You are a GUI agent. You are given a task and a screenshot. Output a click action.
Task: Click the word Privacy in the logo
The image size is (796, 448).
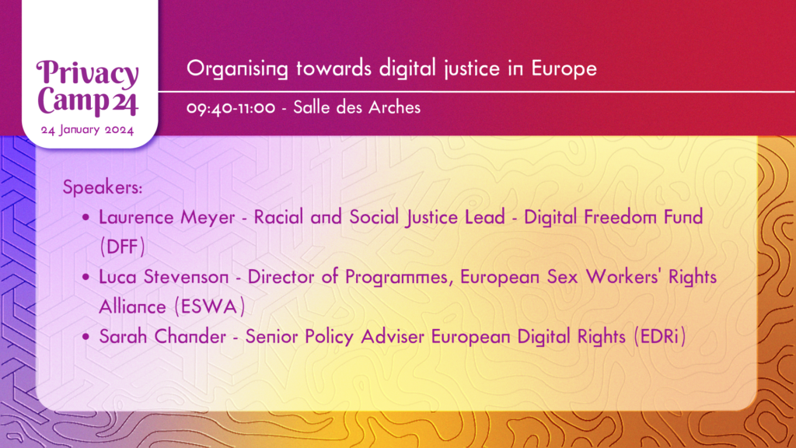click(87, 74)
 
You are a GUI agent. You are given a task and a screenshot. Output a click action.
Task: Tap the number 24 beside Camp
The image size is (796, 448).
click(125, 103)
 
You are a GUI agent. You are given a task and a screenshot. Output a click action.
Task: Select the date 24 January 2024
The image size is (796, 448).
click(87, 130)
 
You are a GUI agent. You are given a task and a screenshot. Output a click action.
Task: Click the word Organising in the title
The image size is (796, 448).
click(237, 68)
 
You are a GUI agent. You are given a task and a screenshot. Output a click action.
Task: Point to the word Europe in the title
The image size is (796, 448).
click(564, 69)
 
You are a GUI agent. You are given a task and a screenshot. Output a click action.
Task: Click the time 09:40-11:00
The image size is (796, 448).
click(231, 108)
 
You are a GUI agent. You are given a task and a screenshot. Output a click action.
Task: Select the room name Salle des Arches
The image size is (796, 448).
click(357, 107)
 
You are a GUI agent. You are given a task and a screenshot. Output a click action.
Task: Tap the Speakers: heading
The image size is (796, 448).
click(103, 187)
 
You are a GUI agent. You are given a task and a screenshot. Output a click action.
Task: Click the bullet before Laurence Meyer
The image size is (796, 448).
click(86, 218)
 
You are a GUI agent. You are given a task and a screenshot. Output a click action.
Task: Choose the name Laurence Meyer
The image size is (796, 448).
click(166, 218)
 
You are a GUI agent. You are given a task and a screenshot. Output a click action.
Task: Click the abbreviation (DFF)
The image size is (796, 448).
click(122, 247)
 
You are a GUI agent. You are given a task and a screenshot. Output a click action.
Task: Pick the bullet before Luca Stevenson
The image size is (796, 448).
click(86, 278)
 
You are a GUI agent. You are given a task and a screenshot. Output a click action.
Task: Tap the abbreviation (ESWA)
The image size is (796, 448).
click(210, 306)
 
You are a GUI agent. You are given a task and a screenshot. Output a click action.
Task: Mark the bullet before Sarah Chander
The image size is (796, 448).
click(86, 337)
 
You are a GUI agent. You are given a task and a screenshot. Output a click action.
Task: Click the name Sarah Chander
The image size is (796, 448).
click(162, 336)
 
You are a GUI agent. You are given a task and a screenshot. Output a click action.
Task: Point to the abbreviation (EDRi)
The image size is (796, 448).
click(660, 336)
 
